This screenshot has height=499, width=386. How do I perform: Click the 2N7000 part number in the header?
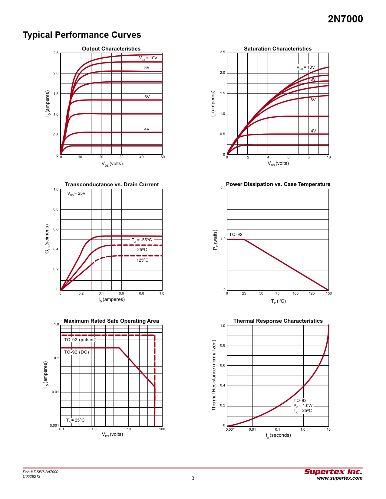[x=345, y=19]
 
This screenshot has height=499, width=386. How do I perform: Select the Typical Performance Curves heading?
[x=82, y=35]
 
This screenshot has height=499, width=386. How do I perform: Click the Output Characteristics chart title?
[x=111, y=49]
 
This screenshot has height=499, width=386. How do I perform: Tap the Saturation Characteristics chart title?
[x=278, y=49]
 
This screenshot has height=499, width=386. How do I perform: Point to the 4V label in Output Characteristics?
[x=147, y=129]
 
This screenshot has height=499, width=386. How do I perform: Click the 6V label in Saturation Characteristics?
[x=313, y=100]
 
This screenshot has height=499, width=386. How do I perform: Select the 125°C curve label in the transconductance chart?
[x=142, y=260]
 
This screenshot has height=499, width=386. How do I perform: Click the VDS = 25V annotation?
[x=76, y=193]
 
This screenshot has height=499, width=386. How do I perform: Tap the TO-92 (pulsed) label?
[x=80, y=340]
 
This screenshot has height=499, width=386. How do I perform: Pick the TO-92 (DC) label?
[x=76, y=352]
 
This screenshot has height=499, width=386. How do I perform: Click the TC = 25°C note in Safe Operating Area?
[x=75, y=420]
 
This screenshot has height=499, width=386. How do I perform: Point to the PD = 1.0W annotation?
[x=303, y=406]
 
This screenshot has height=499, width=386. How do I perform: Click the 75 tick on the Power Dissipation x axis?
[x=277, y=293]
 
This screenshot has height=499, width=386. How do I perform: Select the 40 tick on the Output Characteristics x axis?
[x=141, y=157]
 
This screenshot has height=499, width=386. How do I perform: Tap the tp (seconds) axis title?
[x=278, y=435]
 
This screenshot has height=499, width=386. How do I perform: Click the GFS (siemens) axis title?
[x=47, y=239]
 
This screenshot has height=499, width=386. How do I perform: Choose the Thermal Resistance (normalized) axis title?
[x=214, y=375]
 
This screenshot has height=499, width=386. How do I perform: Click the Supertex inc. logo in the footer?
[x=333, y=472]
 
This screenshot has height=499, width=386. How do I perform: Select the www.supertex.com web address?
[x=339, y=478]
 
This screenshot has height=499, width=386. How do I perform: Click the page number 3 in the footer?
[x=193, y=478]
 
